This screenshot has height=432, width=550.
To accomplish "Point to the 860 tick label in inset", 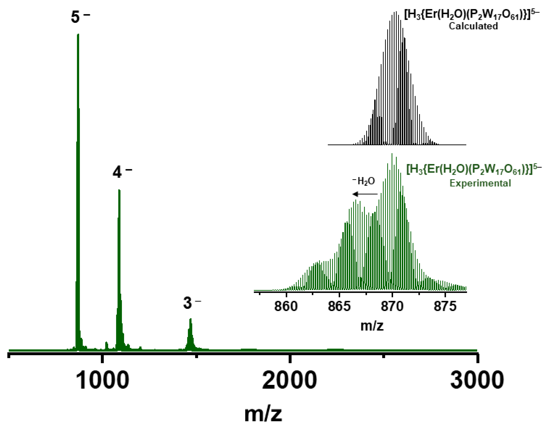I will click(286, 307).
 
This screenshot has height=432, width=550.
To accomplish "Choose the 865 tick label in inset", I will click(339, 307).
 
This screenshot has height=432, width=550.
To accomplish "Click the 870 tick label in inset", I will click(392, 307).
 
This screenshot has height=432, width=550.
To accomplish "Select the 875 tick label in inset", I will click(445, 307).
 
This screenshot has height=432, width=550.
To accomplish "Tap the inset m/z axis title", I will click(372, 326).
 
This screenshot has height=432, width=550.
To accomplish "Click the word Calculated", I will click(473, 26).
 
